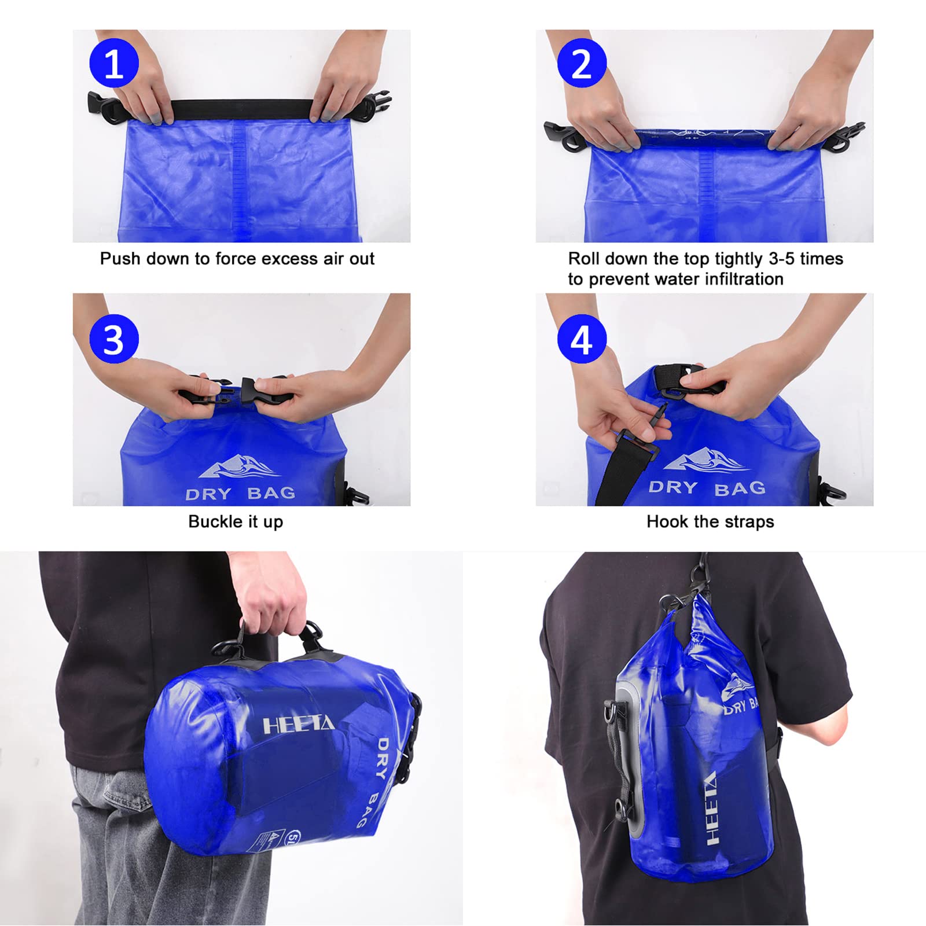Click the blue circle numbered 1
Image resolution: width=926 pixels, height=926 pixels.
point(114,63)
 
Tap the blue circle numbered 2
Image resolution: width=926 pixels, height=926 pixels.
point(582,63)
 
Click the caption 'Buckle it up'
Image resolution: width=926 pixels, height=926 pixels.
point(236,521)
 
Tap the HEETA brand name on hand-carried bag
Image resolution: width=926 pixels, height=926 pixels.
point(299,725)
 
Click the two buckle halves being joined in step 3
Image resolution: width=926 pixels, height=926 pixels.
point(231,389)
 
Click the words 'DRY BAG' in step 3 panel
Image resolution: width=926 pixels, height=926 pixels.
point(240,494)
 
